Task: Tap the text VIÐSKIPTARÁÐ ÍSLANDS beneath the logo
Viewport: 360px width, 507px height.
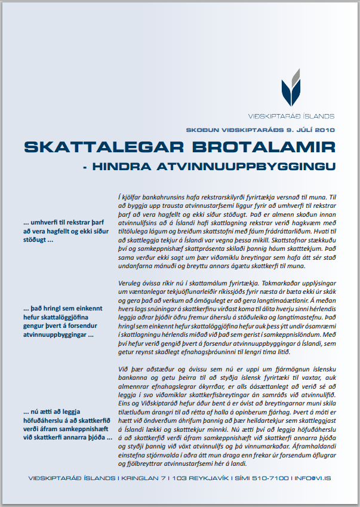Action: (x=291, y=116)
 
